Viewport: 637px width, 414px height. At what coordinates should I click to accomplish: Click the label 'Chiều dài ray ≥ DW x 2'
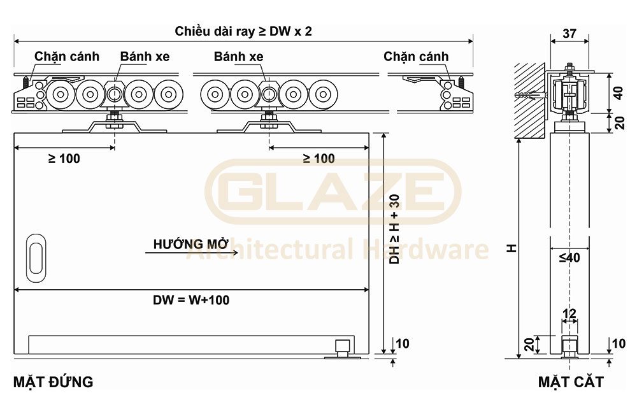243,31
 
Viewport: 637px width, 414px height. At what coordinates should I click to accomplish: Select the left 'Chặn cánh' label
67,57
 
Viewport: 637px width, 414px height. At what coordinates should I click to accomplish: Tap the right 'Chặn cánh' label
416,57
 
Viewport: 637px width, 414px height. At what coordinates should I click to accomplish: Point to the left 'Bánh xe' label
145,57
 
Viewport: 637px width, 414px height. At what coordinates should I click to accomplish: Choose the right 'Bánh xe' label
238,57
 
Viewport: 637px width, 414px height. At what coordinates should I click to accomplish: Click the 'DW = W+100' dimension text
191,300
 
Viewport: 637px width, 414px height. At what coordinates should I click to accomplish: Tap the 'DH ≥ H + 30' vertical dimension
394,229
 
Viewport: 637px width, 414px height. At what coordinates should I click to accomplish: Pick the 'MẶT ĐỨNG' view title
53,382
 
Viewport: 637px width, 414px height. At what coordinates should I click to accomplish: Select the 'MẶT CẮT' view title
570,382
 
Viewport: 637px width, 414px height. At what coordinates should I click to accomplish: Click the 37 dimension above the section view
569,34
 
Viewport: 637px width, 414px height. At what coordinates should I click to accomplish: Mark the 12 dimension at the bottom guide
569,313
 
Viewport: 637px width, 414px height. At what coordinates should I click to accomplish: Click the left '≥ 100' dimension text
64,159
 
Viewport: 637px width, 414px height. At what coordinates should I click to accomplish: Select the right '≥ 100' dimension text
318,159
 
